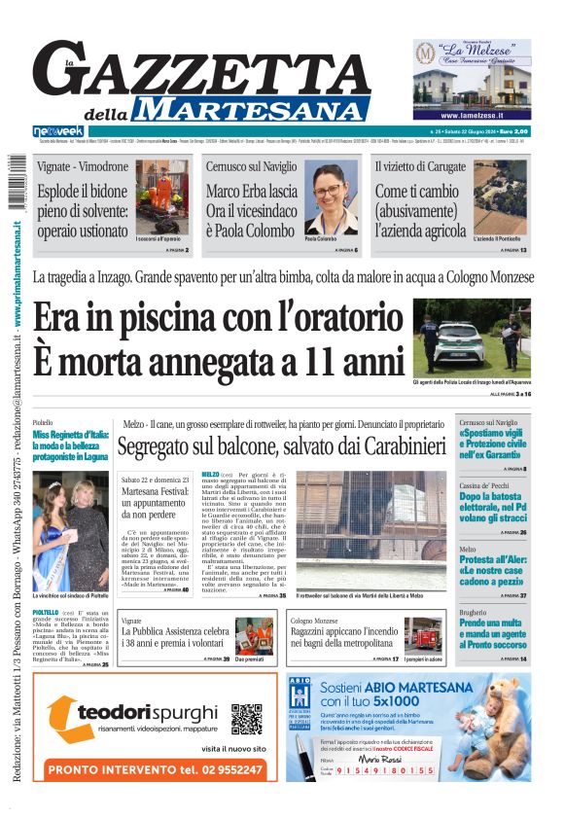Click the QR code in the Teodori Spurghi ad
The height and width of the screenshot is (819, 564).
246,719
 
